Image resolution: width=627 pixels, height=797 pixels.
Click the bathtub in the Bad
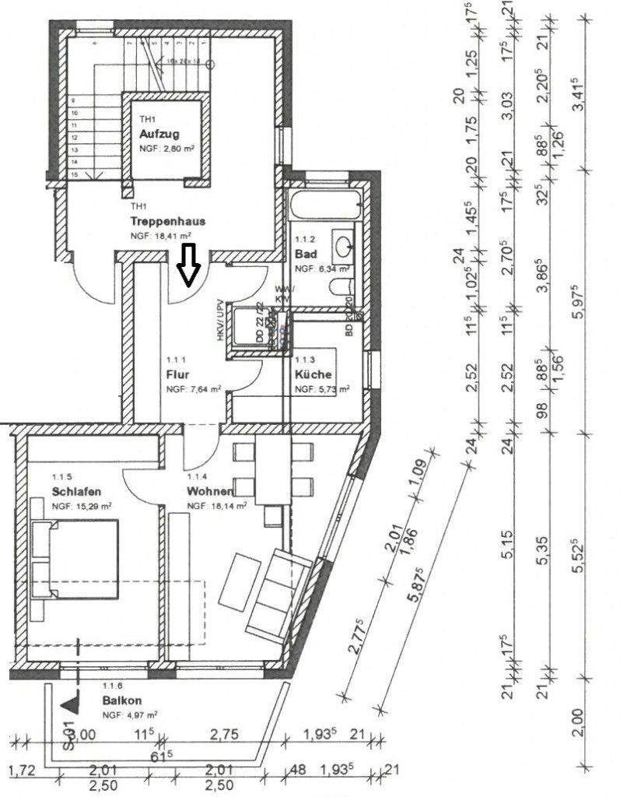coord(324,206)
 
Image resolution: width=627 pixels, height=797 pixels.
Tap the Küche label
coord(313,374)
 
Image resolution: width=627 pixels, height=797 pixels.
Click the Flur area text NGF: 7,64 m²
coord(193,389)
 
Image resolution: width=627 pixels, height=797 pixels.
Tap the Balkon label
coord(121,700)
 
